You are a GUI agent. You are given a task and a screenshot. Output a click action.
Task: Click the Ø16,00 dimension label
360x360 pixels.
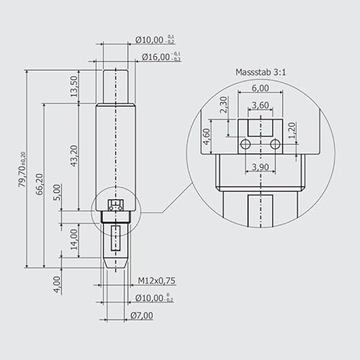pos(156,56)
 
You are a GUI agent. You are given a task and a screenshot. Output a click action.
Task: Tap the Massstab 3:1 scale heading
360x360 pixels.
pos(260,73)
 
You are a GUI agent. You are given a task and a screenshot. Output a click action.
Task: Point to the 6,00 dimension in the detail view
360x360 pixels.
pos(260,88)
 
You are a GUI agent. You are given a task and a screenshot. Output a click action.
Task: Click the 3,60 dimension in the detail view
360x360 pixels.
pos(260,105)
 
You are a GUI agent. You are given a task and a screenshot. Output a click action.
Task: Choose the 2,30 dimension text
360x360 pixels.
pos(223,106)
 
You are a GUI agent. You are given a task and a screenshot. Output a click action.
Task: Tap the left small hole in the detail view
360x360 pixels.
pos(246,144)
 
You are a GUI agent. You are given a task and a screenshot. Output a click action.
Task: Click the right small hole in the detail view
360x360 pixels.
pos(274,144)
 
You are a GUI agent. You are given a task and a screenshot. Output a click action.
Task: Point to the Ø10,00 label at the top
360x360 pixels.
pos(156,39)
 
